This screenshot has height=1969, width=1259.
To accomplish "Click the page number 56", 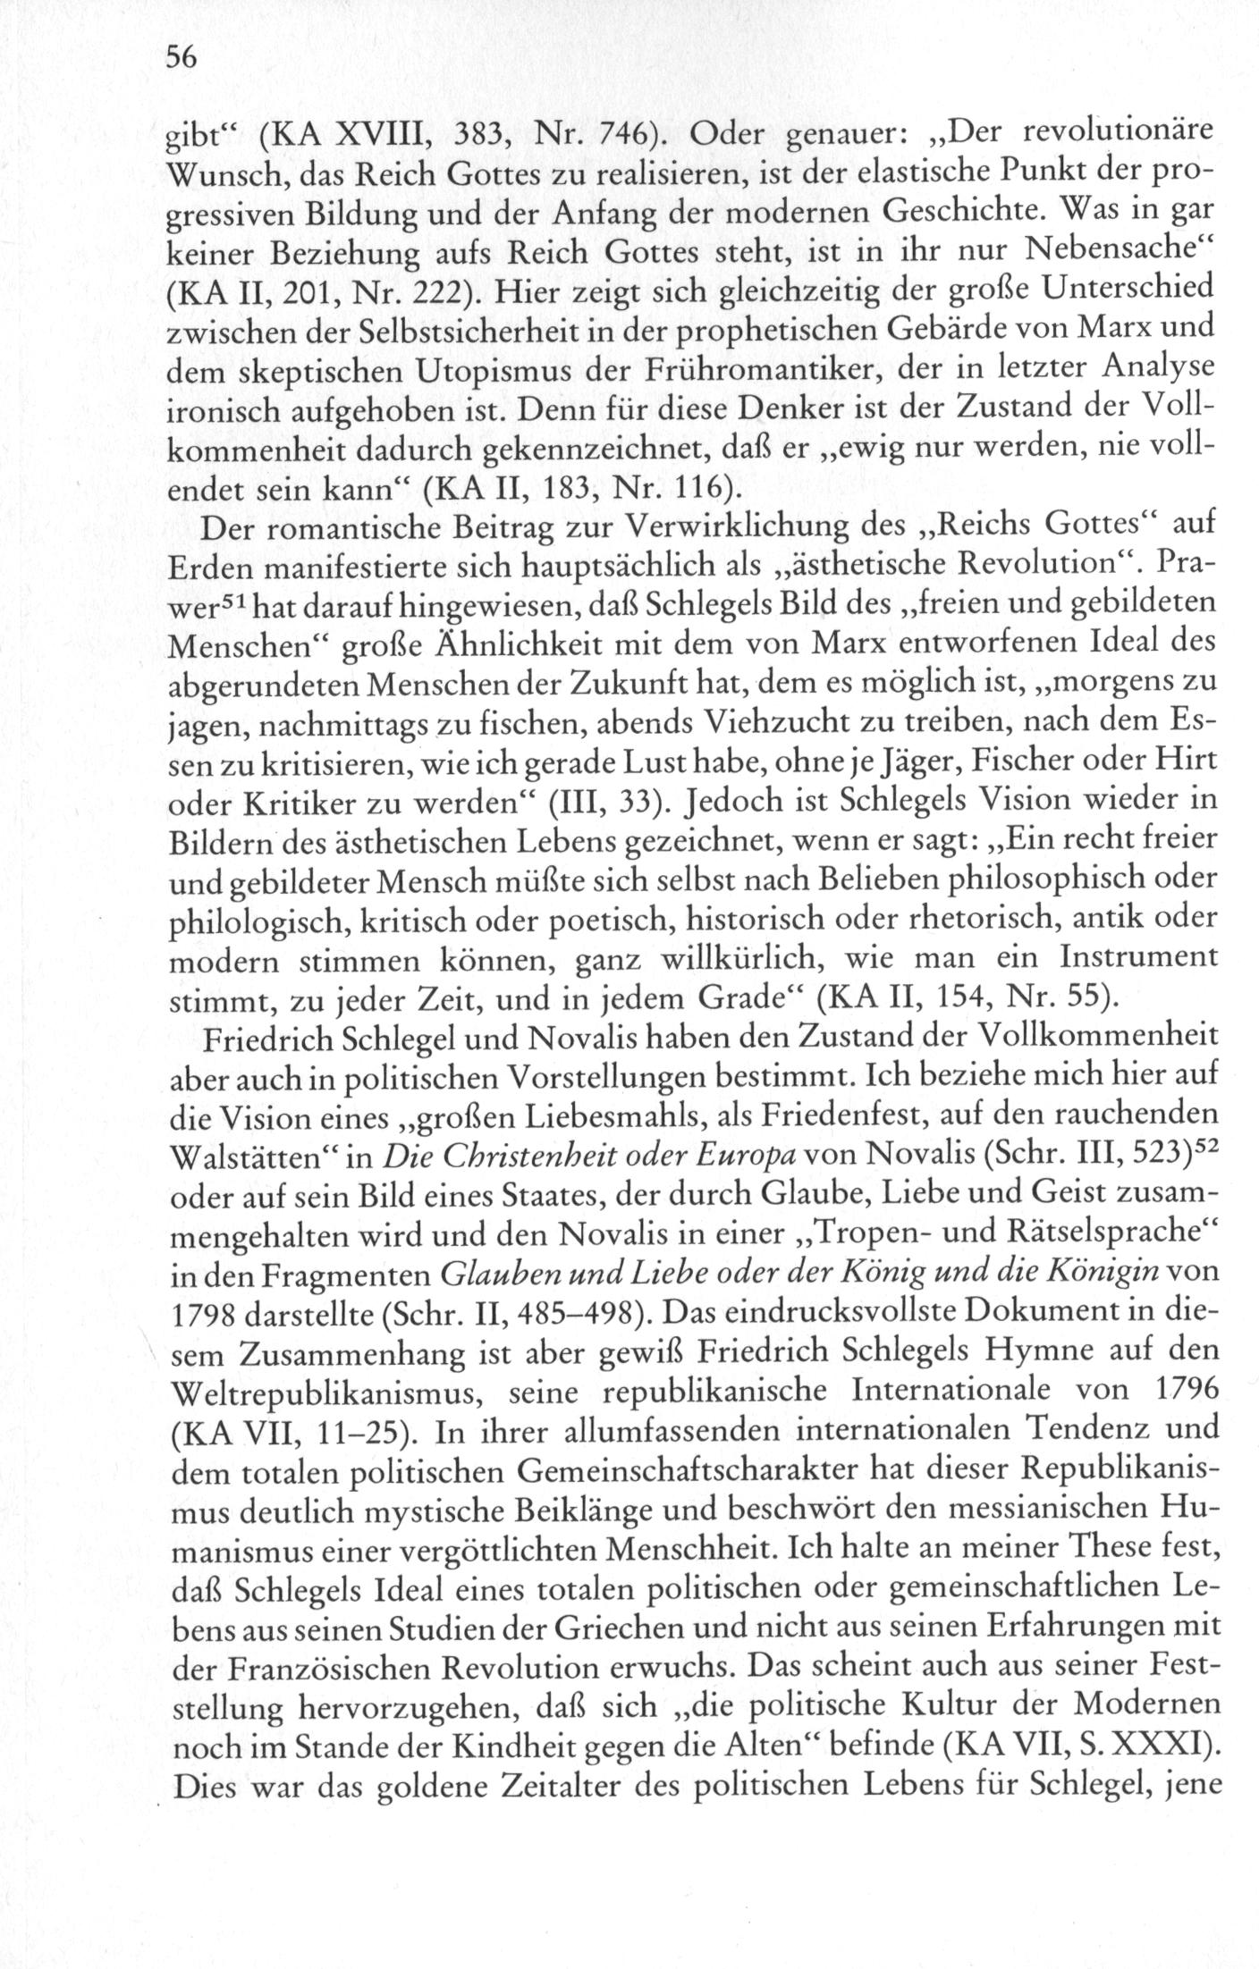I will [181, 58].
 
